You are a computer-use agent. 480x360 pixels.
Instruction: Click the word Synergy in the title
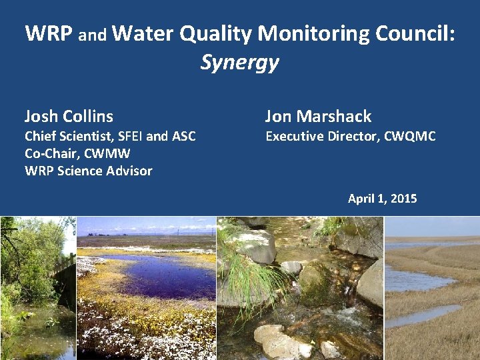[x=239, y=63]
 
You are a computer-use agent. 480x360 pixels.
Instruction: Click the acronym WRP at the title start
[x=49, y=33]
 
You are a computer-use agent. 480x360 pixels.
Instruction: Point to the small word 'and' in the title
[x=93, y=36]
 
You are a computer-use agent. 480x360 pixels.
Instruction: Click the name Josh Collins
[x=69, y=116]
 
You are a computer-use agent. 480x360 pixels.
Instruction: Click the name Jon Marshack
[x=318, y=116]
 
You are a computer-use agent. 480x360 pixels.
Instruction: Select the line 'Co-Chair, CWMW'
[x=77, y=153]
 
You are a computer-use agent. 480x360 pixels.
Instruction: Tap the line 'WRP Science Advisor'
[x=88, y=171]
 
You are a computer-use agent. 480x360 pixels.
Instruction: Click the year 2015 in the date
[x=403, y=198]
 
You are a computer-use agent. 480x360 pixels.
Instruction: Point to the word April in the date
[x=361, y=198]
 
